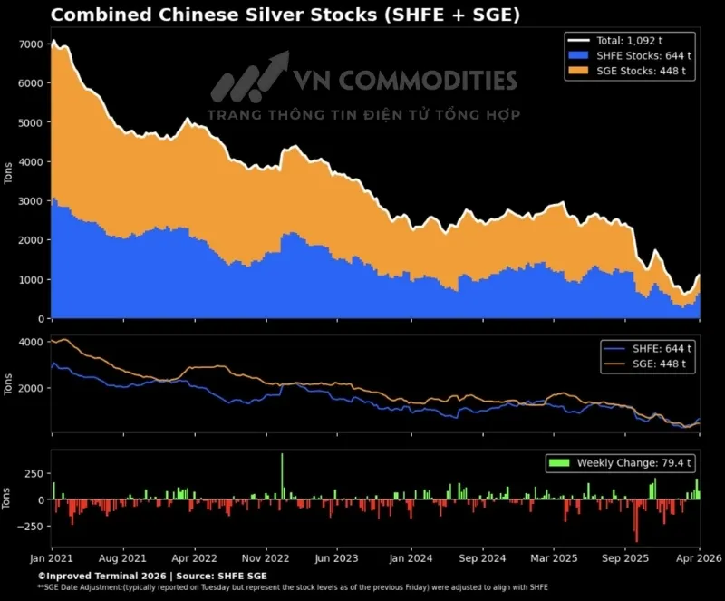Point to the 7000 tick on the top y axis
[30, 44]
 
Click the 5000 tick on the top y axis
[30, 122]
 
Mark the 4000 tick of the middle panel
[30, 342]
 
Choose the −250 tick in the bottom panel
[28, 526]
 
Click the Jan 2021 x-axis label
[52, 559]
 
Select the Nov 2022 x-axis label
[267, 559]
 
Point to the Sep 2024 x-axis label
[482, 559]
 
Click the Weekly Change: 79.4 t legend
[620, 463]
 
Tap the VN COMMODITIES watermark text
[403, 80]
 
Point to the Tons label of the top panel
[9, 174]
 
